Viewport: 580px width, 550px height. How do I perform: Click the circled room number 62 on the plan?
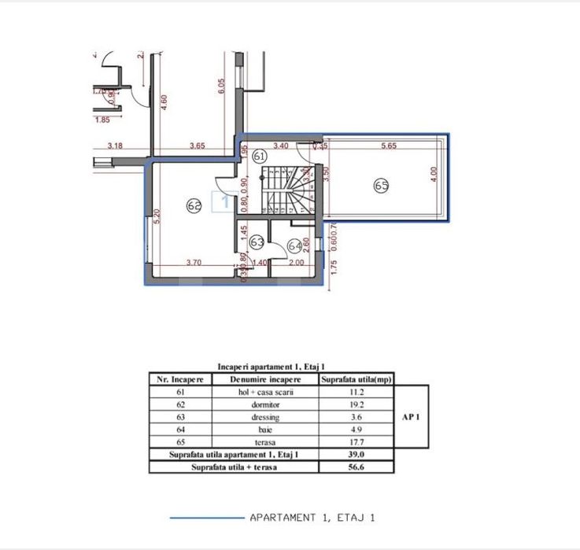194,205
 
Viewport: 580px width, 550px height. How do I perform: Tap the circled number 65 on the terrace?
382,186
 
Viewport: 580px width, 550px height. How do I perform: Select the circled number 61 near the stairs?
261,157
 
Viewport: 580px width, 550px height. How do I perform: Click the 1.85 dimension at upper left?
102,120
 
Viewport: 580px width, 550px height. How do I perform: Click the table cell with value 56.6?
357,466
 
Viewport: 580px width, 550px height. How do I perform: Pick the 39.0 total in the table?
357,455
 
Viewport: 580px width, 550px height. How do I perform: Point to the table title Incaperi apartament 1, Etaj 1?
272,367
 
